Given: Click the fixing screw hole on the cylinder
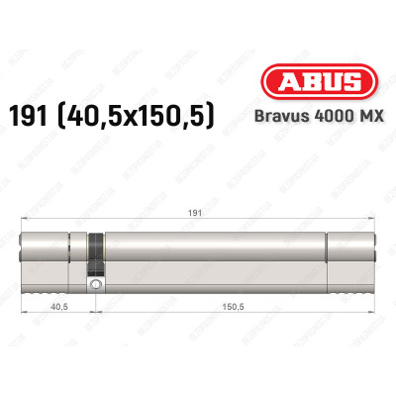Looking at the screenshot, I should (95, 286).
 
